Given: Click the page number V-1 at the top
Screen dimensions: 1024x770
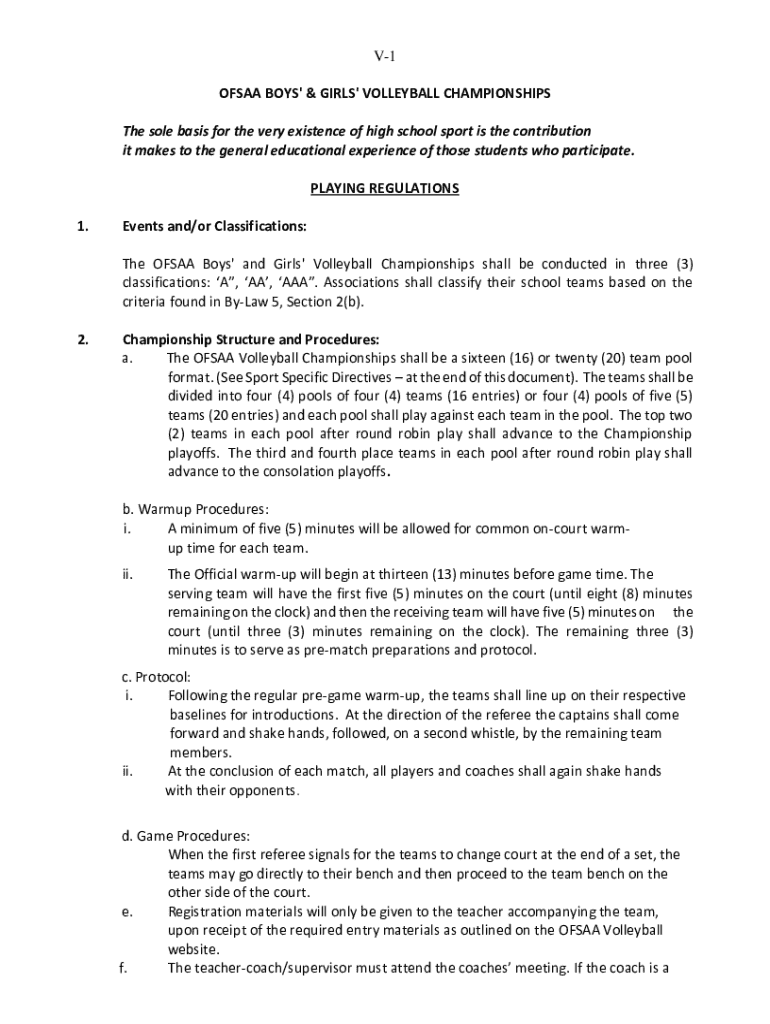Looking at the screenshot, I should tap(385, 56).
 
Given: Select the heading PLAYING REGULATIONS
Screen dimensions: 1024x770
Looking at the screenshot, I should tap(385, 188).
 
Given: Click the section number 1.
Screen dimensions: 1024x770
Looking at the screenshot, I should tap(83, 226).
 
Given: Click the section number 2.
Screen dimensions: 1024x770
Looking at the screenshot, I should tap(83, 339).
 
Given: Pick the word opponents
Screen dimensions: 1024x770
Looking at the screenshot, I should tap(266, 791).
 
